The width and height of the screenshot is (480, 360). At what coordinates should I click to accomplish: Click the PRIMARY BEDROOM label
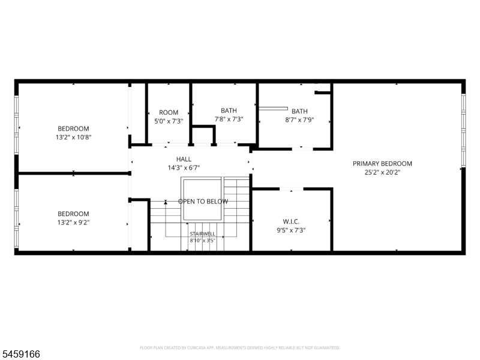pos(382,163)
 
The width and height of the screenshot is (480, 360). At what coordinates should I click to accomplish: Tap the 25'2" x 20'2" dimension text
pos(382,172)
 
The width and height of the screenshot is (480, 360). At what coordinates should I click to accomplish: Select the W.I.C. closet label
pos(291,221)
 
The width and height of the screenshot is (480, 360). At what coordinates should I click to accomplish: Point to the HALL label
pos(184,159)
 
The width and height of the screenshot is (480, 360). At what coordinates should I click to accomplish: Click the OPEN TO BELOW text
pos(203,202)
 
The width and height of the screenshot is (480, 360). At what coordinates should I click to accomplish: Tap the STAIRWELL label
pos(202,234)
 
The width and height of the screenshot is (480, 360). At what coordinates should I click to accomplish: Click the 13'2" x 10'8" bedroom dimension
pos(73,137)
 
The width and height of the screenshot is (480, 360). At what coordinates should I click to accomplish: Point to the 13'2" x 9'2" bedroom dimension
pos(73,222)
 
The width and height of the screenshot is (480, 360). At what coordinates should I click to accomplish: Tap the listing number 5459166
pos(20,354)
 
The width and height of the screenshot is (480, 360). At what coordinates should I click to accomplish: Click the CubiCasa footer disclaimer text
pos(239,348)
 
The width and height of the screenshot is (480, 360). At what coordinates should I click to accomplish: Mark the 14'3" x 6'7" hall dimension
pos(184,168)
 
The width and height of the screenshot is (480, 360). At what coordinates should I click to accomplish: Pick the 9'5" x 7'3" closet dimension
pos(291,230)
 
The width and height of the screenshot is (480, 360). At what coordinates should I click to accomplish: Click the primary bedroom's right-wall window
pos(463,130)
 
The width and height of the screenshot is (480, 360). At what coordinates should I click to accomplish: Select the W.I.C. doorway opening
pos(292,189)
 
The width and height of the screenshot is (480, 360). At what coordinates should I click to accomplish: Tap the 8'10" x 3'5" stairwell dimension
pos(202,241)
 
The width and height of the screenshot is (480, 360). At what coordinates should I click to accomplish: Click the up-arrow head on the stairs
pos(166,202)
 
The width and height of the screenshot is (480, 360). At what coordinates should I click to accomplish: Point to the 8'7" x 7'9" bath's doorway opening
pos(302,149)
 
